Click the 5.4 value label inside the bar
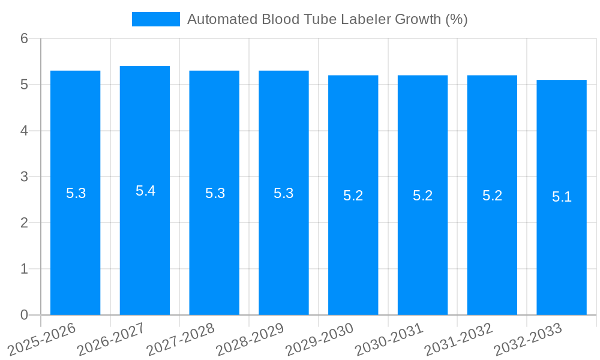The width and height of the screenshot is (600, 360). tap(145, 191)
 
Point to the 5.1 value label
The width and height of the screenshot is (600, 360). tap(562, 197)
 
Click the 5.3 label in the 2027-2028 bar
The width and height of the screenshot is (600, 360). tap(215, 193)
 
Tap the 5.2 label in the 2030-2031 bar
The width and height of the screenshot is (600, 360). tap(422, 196)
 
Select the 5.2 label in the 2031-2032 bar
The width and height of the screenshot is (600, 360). tap(492, 196)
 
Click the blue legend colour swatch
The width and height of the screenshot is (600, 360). tap(156, 19)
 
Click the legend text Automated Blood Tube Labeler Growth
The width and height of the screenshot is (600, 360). tap(327, 19)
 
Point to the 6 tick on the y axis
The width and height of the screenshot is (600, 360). tap(25, 38)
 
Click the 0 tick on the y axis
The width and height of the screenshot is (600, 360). tap(25, 315)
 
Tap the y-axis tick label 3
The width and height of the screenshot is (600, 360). tap(25, 177)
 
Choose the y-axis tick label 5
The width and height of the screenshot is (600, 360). tap(25, 85)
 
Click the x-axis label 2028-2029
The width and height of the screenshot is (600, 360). tap(250, 339)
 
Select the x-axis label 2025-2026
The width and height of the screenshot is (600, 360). tap(41, 339)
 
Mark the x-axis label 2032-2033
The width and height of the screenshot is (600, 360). tap(527, 339)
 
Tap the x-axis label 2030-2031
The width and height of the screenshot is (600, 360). tap(389, 339)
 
